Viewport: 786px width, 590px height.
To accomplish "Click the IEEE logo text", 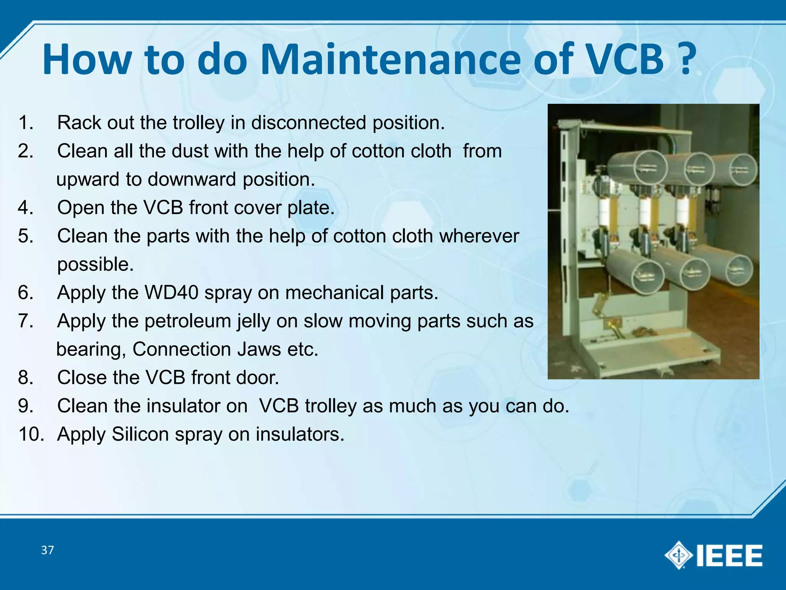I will [x=729, y=555].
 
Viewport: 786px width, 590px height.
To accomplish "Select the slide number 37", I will [x=48, y=550].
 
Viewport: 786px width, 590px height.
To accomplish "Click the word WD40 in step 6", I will [x=171, y=293].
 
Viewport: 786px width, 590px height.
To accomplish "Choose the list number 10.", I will [x=31, y=434].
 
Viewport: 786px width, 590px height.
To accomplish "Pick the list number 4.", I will [x=25, y=208].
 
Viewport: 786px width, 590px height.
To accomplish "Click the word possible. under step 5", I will [x=96, y=264].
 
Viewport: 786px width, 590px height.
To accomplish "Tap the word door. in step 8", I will [x=257, y=378].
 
